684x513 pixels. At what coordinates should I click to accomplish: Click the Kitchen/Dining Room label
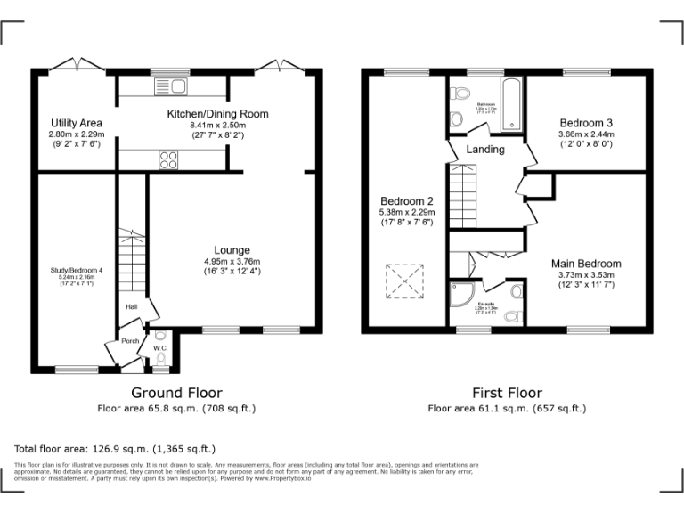[x=217, y=114]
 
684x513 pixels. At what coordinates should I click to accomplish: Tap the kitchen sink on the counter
[x=168, y=85]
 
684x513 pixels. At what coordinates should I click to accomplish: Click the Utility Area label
[x=76, y=122]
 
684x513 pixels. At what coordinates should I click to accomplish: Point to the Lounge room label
[x=231, y=250]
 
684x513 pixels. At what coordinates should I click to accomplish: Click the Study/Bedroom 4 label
[x=76, y=270]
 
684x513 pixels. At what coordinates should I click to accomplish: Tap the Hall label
[x=131, y=307]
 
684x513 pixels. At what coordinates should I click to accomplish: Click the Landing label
[x=485, y=149]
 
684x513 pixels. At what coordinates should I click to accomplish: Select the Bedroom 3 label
[x=586, y=123]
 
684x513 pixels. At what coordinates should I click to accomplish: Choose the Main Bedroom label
[x=585, y=264]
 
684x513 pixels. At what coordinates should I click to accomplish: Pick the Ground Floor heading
[x=176, y=393]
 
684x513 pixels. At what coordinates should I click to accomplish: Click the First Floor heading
[x=507, y=393]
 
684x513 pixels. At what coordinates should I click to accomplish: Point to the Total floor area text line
[x=115, y=448]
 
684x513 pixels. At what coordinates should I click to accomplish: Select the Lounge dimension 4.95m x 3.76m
[x=231, y=261]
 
